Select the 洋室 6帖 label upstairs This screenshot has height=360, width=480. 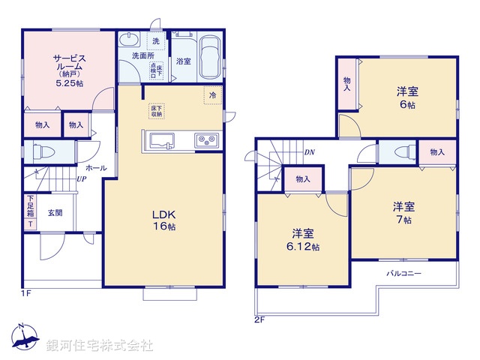click(407, 98)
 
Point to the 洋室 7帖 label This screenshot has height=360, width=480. click(403, 213)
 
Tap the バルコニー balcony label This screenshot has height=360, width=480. click(403, 273)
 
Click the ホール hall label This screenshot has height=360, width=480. click(95, 168)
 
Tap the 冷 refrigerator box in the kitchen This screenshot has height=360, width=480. click(213, 95)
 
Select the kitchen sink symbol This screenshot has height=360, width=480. click(162, 139)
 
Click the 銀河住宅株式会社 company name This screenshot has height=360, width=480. click(100, 346)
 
